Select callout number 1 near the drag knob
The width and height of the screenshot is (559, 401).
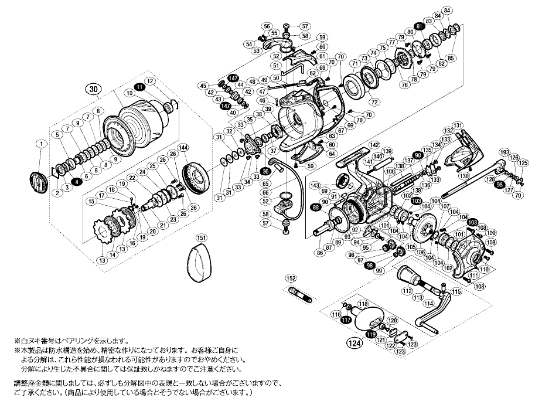tap(40, 144)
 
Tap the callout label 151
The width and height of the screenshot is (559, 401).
tap(201, 238)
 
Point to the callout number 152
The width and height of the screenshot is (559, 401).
tap(291, 278)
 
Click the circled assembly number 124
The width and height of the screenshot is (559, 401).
tap(353, 343)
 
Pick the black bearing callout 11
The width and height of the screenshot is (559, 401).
tap(139, 87)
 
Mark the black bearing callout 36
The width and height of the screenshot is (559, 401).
tap(265, 171)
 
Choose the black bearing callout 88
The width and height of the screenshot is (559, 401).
tap(316, 207)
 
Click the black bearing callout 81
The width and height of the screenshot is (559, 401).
tap(418, 27)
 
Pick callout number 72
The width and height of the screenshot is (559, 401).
tap(374, 101)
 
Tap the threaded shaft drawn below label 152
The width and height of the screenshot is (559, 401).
tap(299, 294)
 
